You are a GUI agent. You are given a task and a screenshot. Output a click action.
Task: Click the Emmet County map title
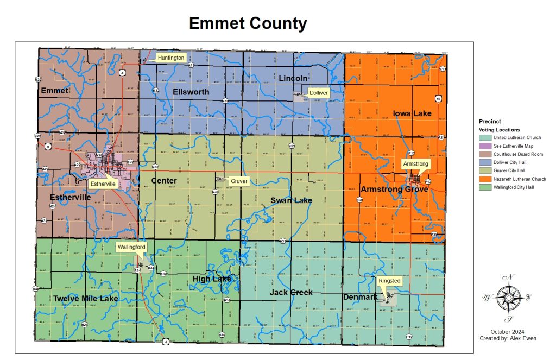pos(248,23)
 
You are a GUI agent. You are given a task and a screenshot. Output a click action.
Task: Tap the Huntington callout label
pos(172,58)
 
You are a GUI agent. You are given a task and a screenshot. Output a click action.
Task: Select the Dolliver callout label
pos(318,93)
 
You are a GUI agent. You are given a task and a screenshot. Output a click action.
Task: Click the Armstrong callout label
pos(415,163)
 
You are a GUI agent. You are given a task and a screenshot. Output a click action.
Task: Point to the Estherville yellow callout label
pos(103,184)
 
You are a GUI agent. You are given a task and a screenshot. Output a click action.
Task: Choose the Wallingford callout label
pos(131,247)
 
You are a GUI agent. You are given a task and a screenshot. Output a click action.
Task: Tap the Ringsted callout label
pos(389,281)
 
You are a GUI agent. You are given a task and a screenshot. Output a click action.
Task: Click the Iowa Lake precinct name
pos(412,113)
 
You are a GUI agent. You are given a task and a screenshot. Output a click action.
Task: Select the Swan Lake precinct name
pos(291,201)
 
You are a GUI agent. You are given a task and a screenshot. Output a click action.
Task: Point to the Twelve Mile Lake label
pos(85,299)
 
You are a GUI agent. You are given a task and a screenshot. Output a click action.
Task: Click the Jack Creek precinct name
pos(291,293)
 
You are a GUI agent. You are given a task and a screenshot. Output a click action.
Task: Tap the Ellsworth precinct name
pos(191,92)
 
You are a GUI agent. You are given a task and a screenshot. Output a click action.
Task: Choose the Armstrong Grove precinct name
pos(394,190)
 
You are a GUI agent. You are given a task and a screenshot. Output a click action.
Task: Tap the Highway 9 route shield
pos(48,147)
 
